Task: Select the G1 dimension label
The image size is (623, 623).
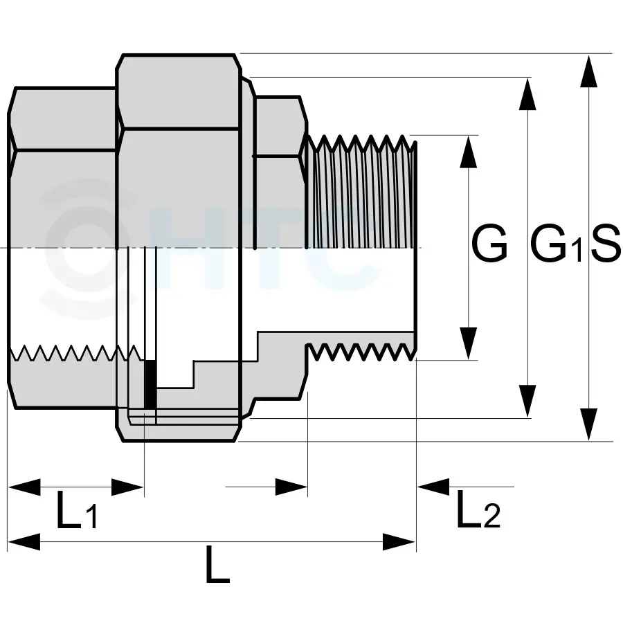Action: click(557, 246)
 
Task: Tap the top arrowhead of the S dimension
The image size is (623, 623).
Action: click(588, 70)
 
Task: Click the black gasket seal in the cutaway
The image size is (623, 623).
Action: click(150, 384)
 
